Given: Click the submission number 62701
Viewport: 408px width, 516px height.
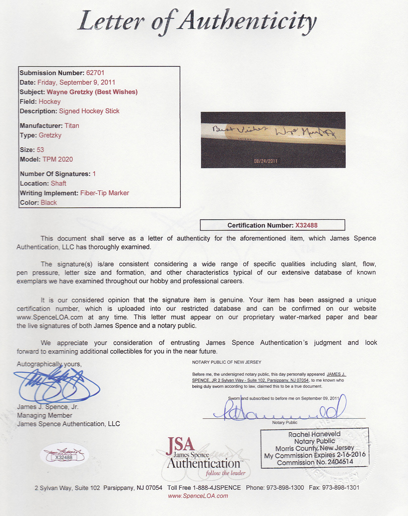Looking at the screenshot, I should click(95, 73).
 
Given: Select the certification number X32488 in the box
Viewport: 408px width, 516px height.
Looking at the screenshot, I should click(306, 225).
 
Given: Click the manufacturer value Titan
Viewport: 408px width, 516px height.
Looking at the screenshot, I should click(72, 125).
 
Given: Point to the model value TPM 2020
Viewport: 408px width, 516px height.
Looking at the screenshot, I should click(58, 159).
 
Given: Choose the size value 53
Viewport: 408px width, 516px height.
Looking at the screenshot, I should click(40, 150).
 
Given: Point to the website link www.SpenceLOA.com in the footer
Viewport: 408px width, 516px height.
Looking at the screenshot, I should click(197, 496).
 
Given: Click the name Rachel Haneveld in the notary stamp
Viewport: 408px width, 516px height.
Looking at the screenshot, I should click(314, 434).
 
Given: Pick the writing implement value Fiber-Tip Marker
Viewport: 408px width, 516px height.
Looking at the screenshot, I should click(104, 193).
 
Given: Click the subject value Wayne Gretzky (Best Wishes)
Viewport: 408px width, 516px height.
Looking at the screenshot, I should click(92, 92).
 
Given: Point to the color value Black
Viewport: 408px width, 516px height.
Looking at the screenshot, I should click(48, 203).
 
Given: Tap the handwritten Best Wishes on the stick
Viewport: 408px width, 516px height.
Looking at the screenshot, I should click(239, 129).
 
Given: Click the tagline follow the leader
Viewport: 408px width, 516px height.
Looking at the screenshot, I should click(225, 473).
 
